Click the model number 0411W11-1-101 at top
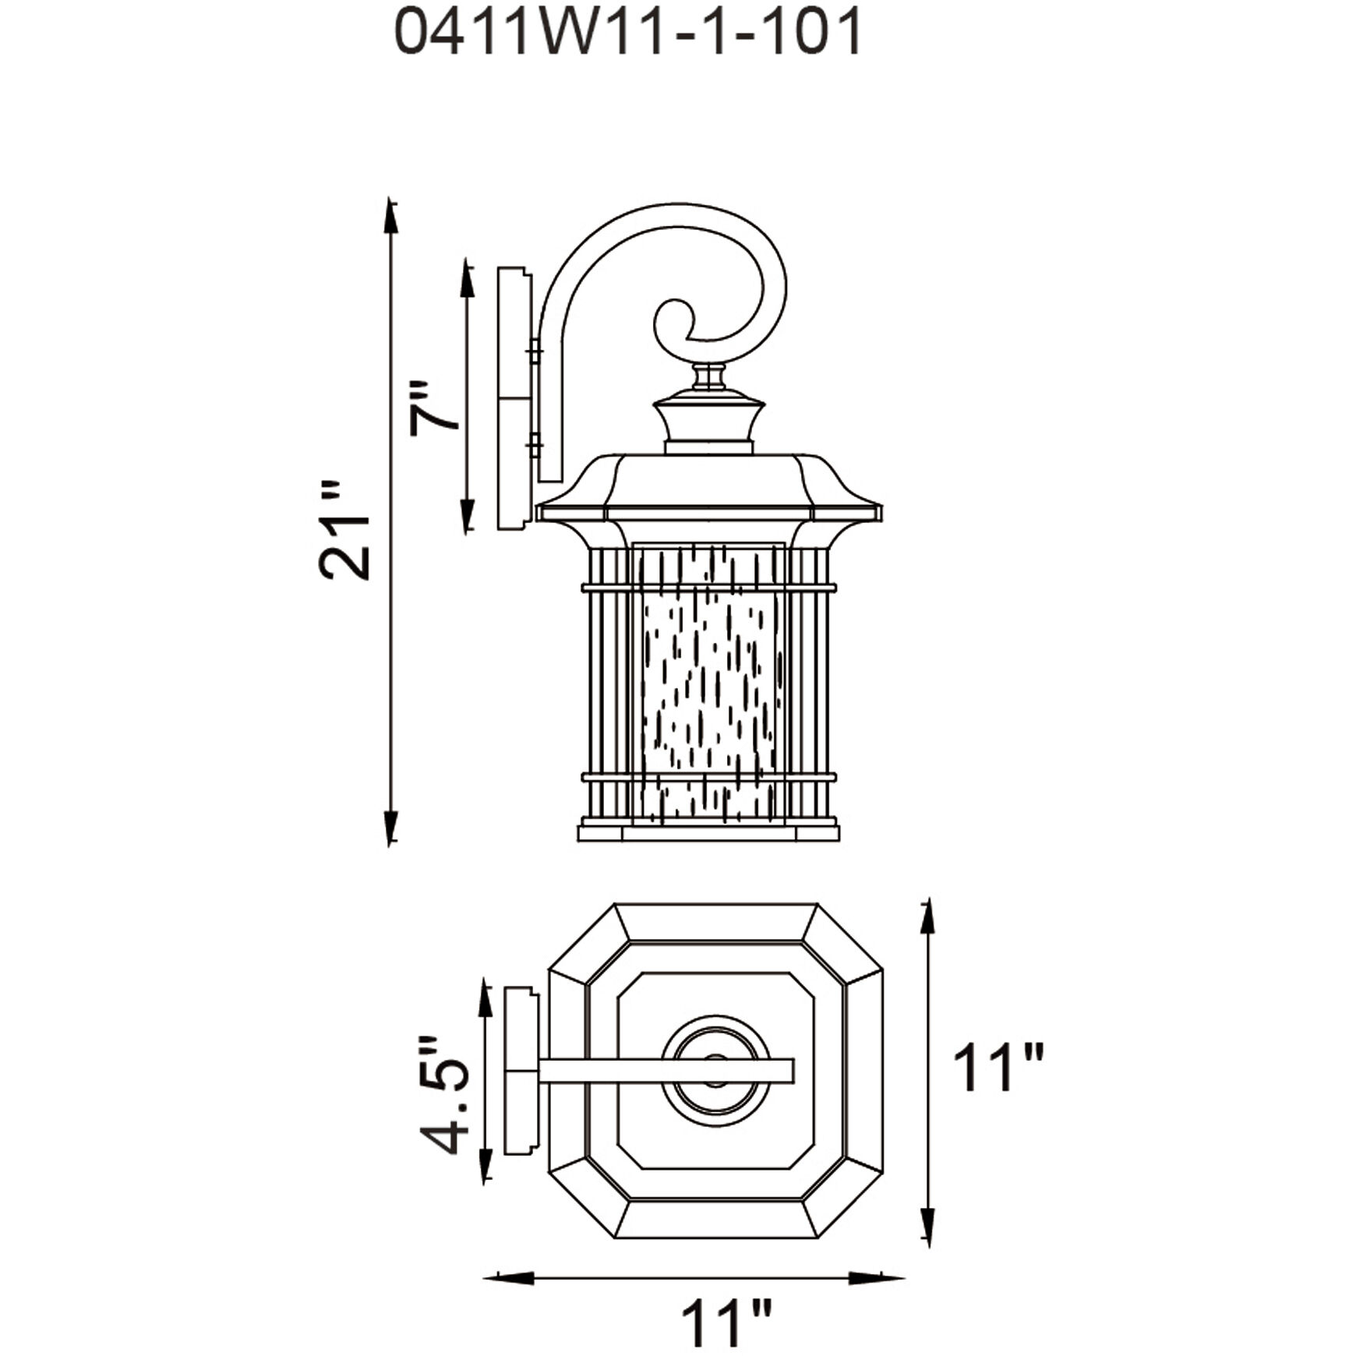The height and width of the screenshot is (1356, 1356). tap(628, 33)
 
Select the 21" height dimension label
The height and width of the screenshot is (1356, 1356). tap(344, 531)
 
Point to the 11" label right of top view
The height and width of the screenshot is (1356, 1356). tap(998, 1068)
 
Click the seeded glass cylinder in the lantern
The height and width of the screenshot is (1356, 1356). tap(709, 686)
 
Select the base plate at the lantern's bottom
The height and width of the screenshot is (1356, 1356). tap(708, 833)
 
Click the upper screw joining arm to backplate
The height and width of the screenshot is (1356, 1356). tap(535, 352)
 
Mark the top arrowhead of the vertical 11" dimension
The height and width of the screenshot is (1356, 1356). tap(927, 916)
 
